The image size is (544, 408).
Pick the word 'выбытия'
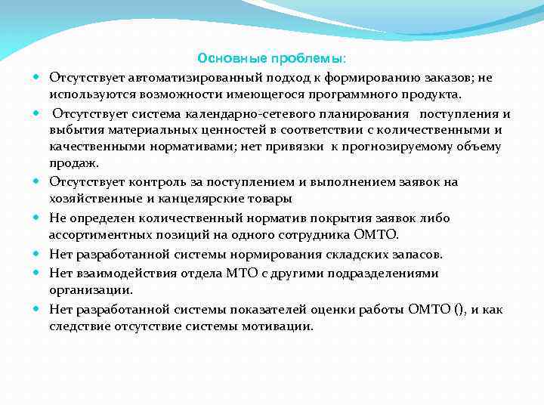click(72, 131)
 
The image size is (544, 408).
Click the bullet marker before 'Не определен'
click(37, 218)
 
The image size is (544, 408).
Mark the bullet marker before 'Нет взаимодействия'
click(37, 273)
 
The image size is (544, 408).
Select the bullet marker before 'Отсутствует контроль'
click(37, 182)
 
